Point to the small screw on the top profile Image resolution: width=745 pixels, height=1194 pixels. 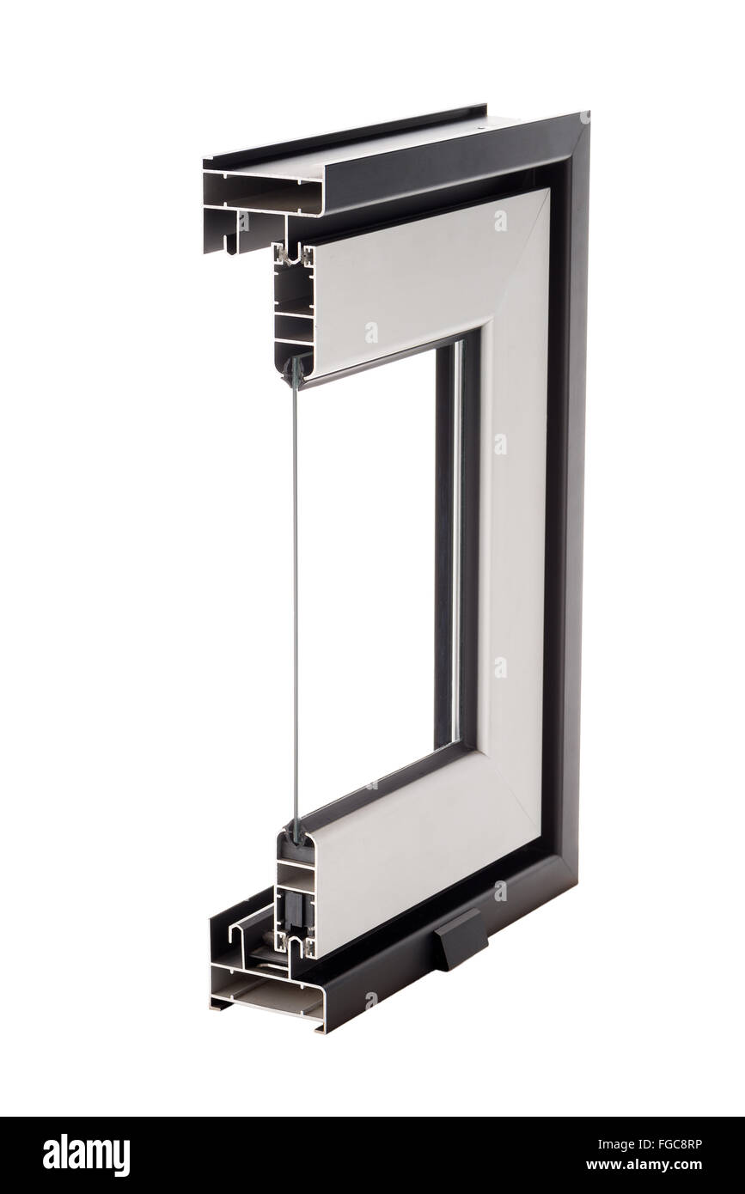coord(479,128)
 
